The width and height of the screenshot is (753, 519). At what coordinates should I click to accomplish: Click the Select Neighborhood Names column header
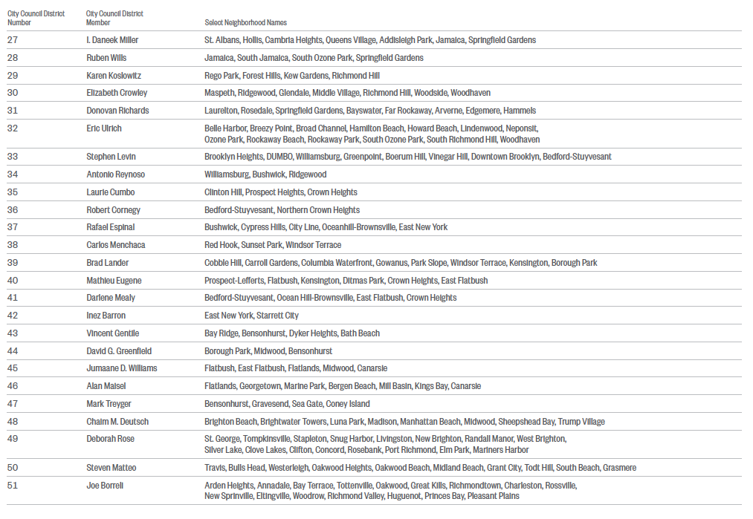pos(245,23)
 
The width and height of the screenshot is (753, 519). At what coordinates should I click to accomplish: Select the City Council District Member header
pos(114,18)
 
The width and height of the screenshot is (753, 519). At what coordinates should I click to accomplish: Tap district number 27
pos(13,40)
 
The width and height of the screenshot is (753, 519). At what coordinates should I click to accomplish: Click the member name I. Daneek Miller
pos(112,40)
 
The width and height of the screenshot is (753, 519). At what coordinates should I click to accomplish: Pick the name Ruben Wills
pos(106,58)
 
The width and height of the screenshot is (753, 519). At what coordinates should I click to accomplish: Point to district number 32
pos(13,128)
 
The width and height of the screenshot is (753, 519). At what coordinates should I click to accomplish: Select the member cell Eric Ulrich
pos(104,128)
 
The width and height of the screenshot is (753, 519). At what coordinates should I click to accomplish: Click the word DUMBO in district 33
pos(279,157)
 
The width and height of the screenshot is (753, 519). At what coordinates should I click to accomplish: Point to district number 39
pos(13,263)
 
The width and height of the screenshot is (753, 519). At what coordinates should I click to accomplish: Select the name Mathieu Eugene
pos(114,281)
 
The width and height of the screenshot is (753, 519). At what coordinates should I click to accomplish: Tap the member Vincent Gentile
pos(112,333)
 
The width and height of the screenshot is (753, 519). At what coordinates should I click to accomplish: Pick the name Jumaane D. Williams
pos(121,368)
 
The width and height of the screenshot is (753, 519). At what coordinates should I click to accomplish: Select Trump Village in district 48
pos(581,422)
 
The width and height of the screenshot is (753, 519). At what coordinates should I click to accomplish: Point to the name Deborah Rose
pos(110,439)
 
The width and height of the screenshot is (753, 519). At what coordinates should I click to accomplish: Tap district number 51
pos(13,486)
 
